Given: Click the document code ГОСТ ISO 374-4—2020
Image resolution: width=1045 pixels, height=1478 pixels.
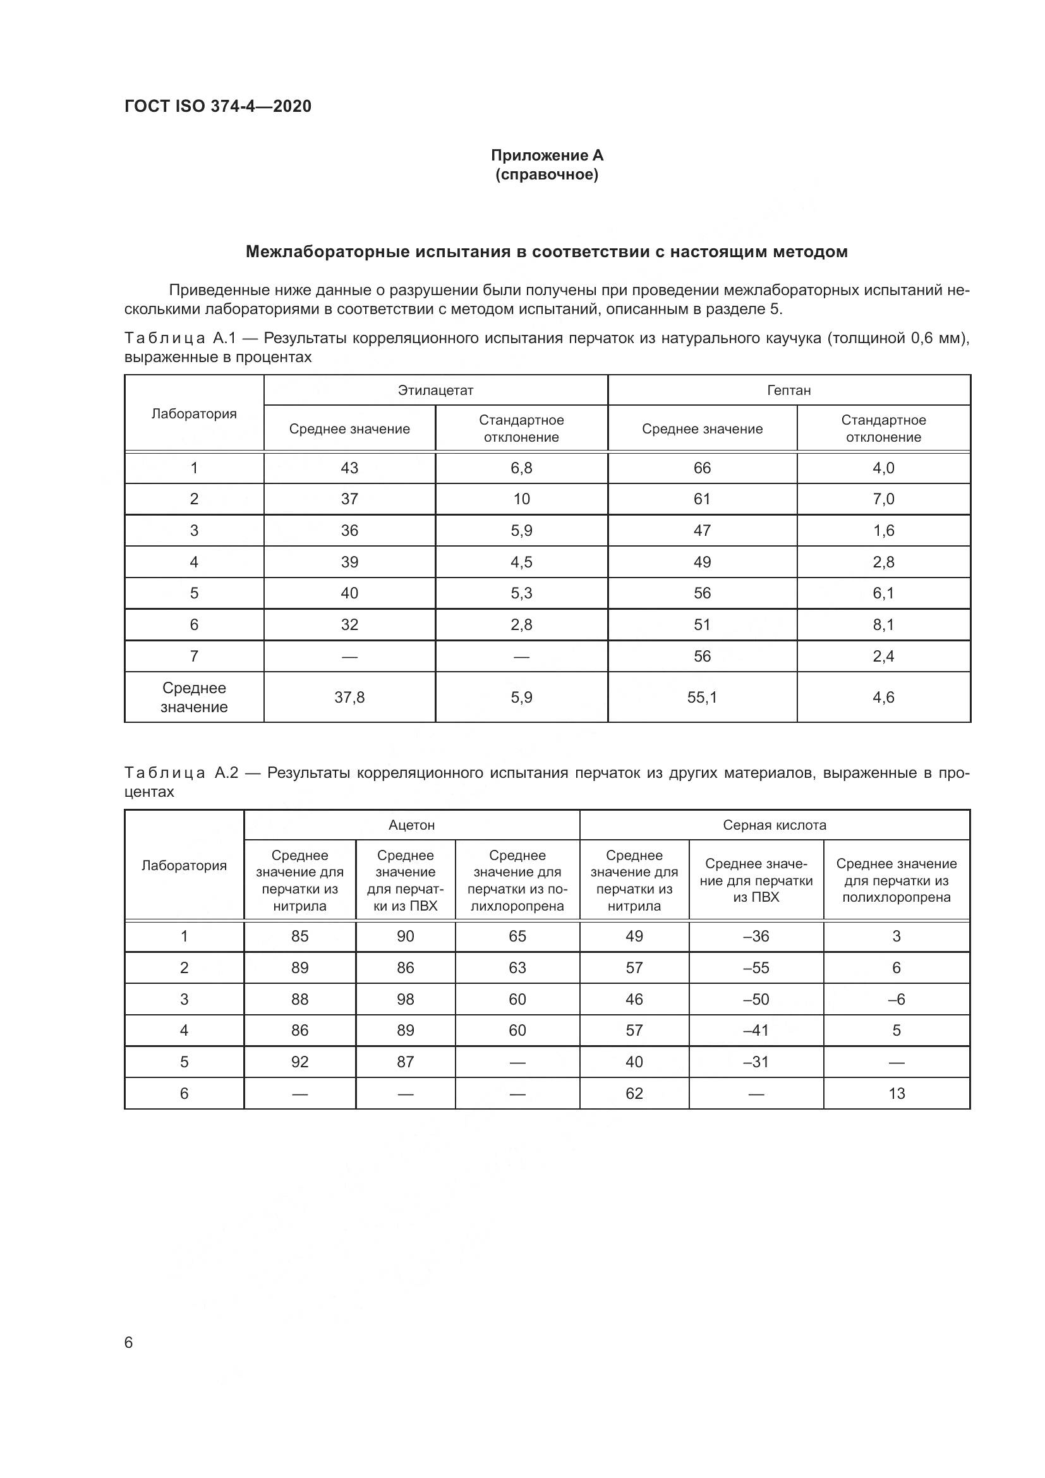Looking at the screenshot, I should tap(217, 106).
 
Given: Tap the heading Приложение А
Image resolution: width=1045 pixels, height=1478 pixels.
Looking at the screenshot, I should tap(547, 155).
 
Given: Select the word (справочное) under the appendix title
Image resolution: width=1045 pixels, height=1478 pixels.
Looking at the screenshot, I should tap(547, 174).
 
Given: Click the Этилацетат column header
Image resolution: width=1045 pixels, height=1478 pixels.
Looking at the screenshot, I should tap(436, 390).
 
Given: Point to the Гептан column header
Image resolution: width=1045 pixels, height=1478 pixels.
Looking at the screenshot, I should tap(789, 390).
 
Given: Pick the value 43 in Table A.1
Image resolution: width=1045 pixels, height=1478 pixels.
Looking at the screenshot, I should tap(349, 468).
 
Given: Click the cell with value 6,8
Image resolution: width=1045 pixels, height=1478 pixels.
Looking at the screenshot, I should tap(521, 468).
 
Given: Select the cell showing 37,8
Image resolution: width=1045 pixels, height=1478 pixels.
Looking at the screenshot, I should tap(349, 697).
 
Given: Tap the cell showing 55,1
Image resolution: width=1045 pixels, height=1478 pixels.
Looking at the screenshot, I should tap(702, 697).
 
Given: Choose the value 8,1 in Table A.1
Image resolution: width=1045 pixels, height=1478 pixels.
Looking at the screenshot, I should tap(883, 624).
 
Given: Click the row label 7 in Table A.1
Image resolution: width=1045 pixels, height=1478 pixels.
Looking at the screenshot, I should tap(194, 656).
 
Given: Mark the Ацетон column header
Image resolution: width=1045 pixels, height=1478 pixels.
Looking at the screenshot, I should tap(412, 825).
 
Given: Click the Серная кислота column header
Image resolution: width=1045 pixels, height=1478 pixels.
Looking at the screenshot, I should tap(775, 825).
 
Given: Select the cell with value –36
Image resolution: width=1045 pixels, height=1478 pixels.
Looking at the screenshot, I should tap(756, 936).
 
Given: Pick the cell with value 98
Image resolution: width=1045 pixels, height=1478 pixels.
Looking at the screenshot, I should tap(406, 999).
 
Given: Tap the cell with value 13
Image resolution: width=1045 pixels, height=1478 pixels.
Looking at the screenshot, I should tap(897, 1093).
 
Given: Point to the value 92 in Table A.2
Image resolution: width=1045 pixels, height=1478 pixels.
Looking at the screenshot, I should tap(300, 1062).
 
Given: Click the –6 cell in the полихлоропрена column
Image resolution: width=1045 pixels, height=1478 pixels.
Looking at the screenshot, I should tap(897, 999).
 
